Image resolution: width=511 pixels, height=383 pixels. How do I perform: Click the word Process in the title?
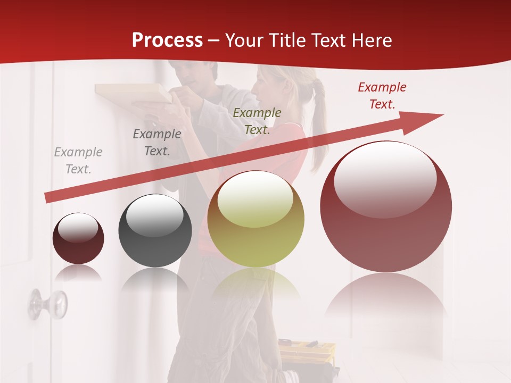point(167,40)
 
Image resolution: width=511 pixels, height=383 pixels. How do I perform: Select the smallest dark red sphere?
point(78,239)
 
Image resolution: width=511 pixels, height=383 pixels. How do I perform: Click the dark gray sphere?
point(155,231)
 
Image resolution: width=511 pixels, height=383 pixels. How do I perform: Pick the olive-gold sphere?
point(256,219)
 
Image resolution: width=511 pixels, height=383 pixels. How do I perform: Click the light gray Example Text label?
point(78,161)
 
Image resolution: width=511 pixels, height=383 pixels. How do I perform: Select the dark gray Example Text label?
point(157,143)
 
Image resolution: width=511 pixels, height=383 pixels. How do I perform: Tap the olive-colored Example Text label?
point(257,121)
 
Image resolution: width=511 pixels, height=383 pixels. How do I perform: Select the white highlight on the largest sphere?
point(385,178)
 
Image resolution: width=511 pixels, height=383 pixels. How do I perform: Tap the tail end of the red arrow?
point(49,197)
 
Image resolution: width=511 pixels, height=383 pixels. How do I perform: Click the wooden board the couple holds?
point(133,93)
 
